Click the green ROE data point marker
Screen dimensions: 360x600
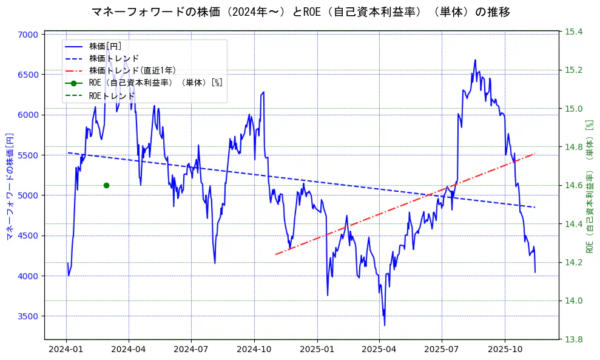[106, 185]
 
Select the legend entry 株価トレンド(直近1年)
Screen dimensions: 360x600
[132, 70]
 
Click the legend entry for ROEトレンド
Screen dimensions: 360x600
[112, 95]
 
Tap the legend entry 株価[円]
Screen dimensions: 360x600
[106, 46]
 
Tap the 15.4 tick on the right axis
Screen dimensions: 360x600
[573, 32]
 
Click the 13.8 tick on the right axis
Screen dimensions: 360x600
[573, 339]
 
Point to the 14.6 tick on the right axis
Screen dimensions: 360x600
[573, 185]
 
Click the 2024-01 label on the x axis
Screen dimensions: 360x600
[66, 350]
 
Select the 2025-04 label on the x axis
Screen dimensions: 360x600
[379, 350]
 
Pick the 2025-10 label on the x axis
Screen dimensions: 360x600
[505, 350]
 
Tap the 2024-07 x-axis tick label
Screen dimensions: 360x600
[191, 350]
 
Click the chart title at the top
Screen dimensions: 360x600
[300, 12]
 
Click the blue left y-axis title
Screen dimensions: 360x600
[9, 185]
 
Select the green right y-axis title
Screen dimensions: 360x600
[589, 185]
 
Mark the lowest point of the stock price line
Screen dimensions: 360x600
[384, 325]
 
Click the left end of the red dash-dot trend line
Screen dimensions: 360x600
[276, 254]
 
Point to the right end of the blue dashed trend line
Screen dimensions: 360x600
[534, 208]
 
